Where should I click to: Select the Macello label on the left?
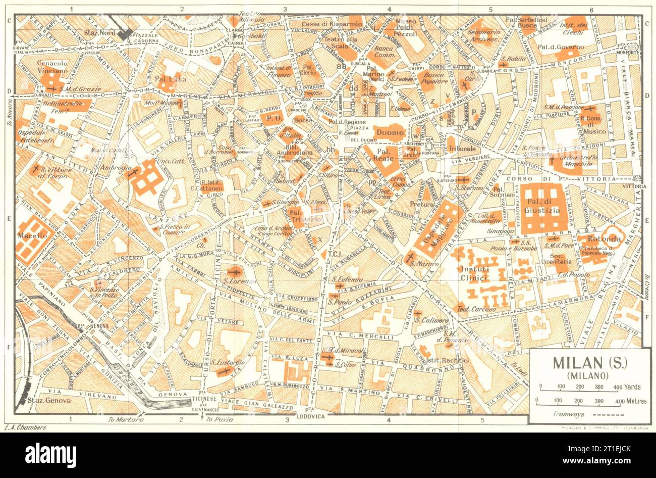point(32,235)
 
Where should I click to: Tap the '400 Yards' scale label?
point(628,387)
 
